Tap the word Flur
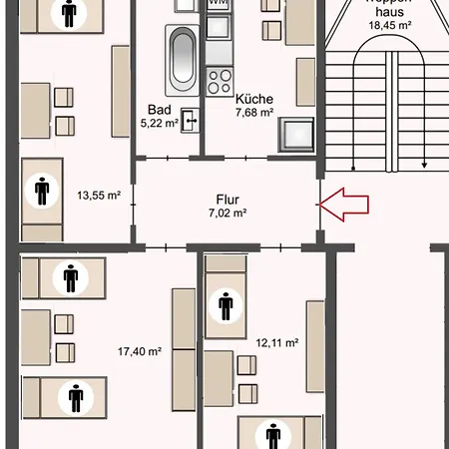pyautogui.click(x=226, y=198)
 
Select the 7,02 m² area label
pyautogui.click(x=226, y=213)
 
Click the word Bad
pyautogui.click(x=159, y=110)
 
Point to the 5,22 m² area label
pyautogui.click(x=159, y=124)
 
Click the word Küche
pyautogui.click(x=253, y=99)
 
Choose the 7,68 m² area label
pyautogui.click(x=253, y=113)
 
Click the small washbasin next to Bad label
pyautogui.click(x=191, y=122)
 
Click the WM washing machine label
pyautogui.click(x=218, y=4)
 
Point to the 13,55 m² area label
pyautogui.click(x=99, y=196)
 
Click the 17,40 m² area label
pyautogui.click(x=138, y=351)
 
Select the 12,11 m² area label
pyautogui.click(x=278, y=342)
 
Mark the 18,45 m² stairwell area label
pyautogui.click(x=384, y=25)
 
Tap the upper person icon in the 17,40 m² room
pyautogui.click(x=70, y=276)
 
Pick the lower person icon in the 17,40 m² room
pyautogui.click(x=76, y=398)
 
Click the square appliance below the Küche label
pyautogui.click(x=296, y=133)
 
